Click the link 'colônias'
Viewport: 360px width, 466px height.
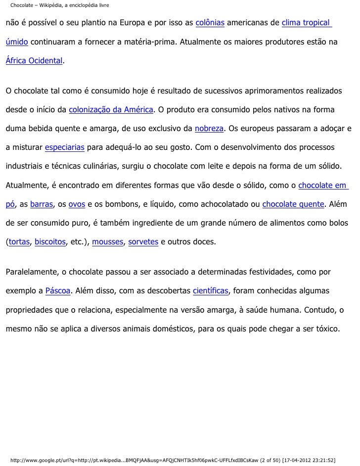pos(210,24)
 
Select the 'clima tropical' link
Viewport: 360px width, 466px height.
pos(306,24)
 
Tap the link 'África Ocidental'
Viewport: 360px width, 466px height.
pos(34,61)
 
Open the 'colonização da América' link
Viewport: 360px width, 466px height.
pos(111,109)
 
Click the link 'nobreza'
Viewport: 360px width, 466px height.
pos(209,129)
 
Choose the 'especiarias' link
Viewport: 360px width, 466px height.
pos(65,147)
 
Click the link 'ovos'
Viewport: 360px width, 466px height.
pos(77,204)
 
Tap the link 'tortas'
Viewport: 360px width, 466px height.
pos(19,242)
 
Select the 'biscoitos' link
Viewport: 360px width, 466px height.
pos(50,242)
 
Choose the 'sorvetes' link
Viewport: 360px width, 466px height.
pos(143,242)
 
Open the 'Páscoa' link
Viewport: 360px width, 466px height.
pos(58,290)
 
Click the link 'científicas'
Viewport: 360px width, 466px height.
pos(210,290)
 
